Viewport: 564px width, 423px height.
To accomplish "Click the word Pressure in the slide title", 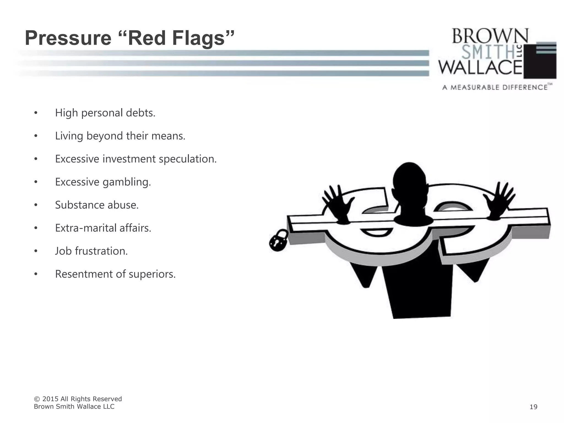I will click(x=68, y=38).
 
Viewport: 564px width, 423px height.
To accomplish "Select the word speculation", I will click(x=188, y=159).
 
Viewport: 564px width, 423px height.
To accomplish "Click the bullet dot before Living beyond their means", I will click(x=36, y=136).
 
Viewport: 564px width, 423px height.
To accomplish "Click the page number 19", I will click(x=533, y=407).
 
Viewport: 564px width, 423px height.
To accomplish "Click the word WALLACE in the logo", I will click(x=480, y=67).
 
